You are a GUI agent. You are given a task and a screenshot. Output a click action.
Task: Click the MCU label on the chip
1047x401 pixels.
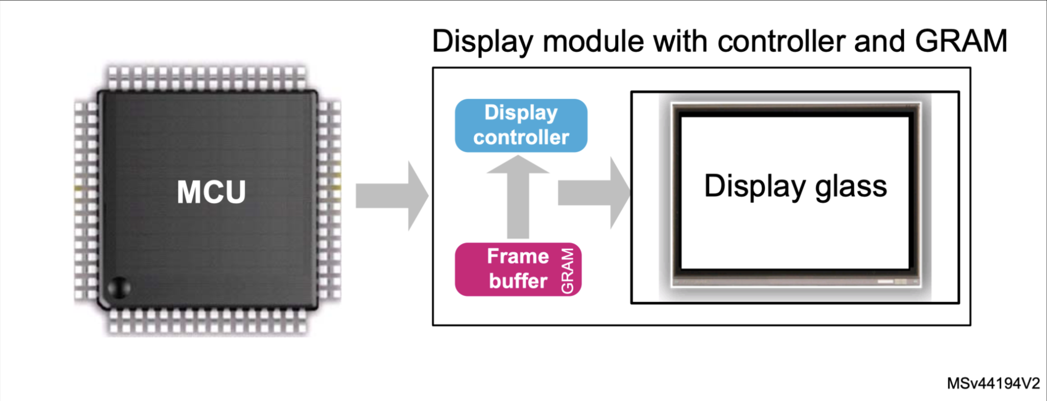(x=211, y=192)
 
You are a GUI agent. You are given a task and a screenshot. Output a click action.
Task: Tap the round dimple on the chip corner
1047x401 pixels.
(x=119, y=288)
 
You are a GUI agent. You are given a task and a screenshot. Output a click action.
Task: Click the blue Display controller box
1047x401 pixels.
(x=520, y=125)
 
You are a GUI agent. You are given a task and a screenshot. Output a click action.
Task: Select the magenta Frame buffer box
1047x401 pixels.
(x=517, y=269)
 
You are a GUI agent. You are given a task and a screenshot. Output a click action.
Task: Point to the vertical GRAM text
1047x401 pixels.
(x=567, y=271)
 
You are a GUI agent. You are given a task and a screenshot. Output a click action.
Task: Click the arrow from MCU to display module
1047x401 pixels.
(x=391, y=196)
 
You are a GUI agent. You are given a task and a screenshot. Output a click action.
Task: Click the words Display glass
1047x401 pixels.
(x=795, y=186)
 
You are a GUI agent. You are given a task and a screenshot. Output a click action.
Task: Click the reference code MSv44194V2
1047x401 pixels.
(x=993, y=384)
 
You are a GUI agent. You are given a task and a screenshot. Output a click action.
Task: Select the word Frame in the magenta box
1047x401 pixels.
(x=517, y=256)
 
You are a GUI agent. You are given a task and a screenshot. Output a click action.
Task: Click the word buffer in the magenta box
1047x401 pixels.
(x=518, y=281)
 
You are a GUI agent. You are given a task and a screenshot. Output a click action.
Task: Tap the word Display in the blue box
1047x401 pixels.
(x=520, y=113)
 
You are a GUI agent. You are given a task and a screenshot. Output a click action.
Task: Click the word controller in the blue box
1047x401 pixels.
(x=520, y=137)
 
